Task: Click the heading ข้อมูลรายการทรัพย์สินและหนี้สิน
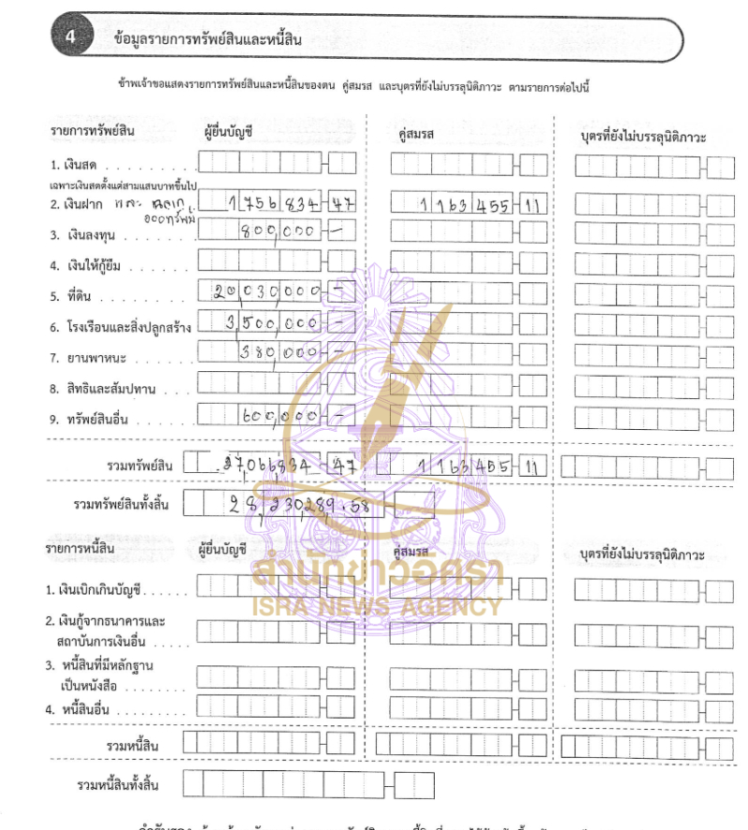pyautogui.click(x=207, y=38)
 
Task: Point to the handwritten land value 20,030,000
pyautogui.click(x=267, y=292)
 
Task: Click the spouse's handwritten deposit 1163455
pyautogui.click(x=464, y=207)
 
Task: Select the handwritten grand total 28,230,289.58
pyautogui.click(x=295, y=505)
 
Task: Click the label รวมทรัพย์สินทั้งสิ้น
pyautogui.click(x=122, y=505)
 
